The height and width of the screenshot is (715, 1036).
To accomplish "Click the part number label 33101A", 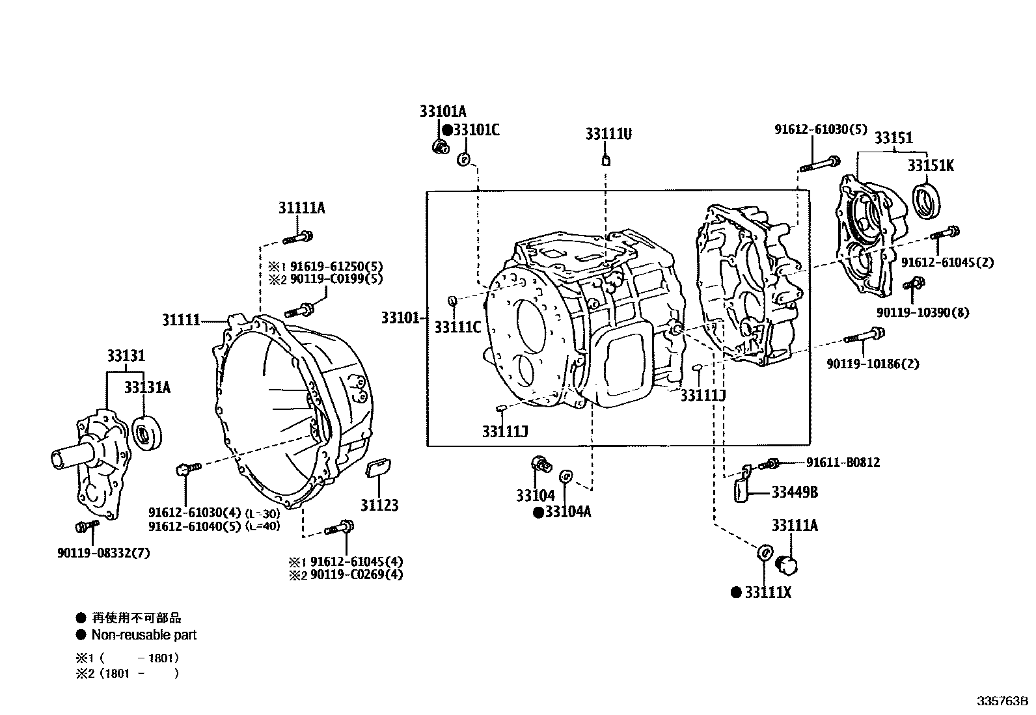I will pos(443,111).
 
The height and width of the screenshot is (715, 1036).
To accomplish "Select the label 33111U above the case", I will pos(608,134).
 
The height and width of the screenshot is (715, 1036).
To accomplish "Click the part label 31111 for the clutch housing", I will pos(181,320).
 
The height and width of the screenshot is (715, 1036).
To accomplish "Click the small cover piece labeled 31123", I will pos(378,468).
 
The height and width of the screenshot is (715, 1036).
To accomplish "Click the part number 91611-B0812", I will pos(843,463).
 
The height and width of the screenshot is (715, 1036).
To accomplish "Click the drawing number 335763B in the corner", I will pos(1003,701).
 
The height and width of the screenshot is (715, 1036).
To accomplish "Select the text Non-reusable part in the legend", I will pos(144,635).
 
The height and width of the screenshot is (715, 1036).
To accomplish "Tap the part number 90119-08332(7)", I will pos(103,553).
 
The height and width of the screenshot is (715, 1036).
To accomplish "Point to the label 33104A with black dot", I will pos(567,512).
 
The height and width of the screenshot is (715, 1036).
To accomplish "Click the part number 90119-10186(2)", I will pos(873,364).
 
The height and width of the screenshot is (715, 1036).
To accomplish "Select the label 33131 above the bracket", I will pos(126,356).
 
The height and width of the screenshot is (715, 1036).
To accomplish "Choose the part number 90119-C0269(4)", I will pos(356,574).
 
